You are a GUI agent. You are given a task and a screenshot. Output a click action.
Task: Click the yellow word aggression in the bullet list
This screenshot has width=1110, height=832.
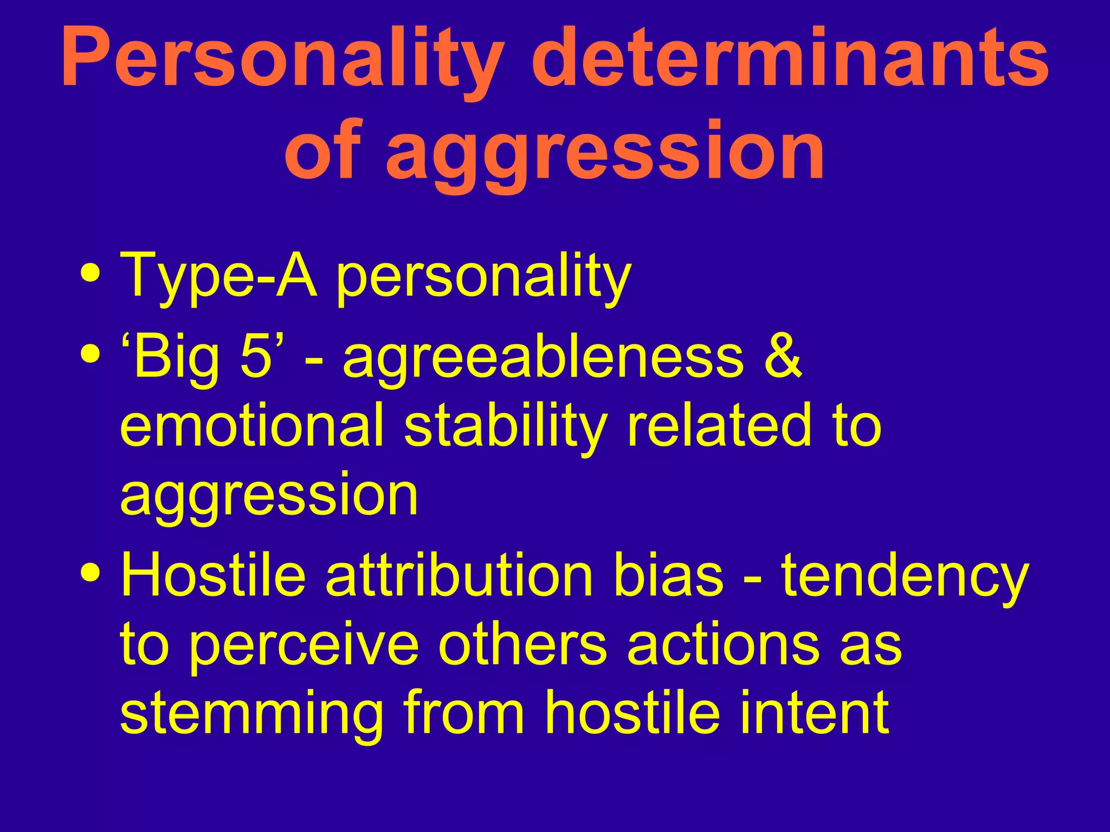coord(269,496)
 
